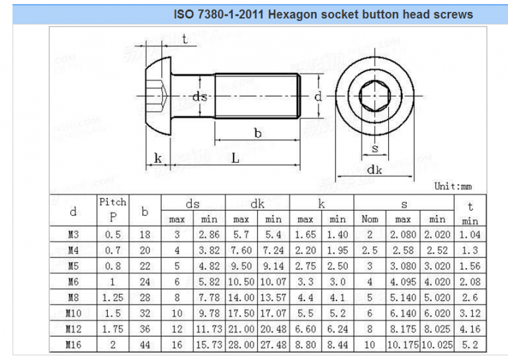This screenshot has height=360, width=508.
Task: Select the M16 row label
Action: (x=73, y=345)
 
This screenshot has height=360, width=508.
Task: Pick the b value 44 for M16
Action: (x=144, y=345)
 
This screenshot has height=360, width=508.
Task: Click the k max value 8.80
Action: (x=306, y=345)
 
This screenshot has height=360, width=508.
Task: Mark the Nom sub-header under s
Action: (x=370, y=219)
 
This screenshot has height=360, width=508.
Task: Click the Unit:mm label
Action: (x=456, y=187)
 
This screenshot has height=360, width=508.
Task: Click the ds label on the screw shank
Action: (x=198, y=97)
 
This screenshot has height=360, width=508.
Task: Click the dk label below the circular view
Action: (x=375, y=169)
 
